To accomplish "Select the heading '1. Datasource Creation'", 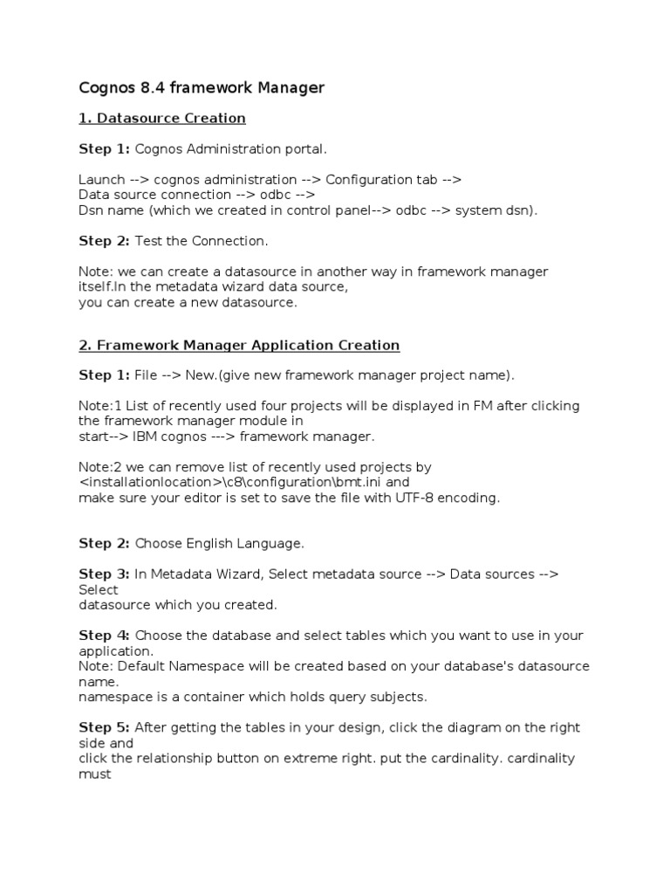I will pos(162,118).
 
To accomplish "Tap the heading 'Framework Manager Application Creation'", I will pos(247,345).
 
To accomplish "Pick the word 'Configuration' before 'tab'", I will pos(367,179).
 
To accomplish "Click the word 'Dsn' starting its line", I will pos(91,210).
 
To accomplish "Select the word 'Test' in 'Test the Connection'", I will pos(149,240).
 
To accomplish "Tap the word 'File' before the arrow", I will pos(146,375).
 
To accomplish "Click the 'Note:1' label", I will pos(99,406).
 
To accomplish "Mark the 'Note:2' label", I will pos(99,467).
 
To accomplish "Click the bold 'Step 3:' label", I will pos(104,574).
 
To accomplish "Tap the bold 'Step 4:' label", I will pos(104,636).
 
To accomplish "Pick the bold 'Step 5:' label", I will pos(104,727).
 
